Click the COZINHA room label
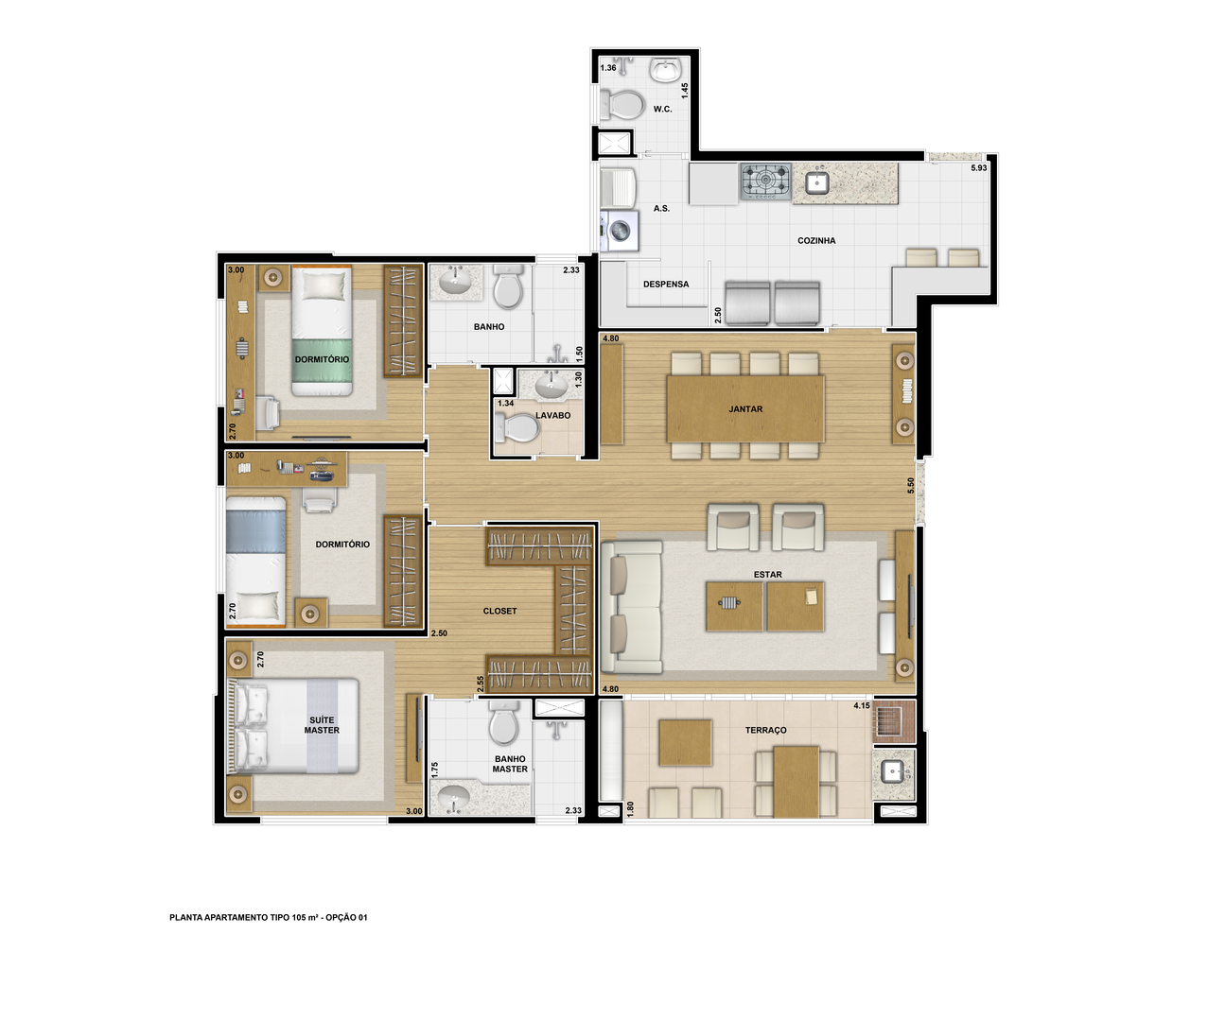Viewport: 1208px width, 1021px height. [x=815, y=241]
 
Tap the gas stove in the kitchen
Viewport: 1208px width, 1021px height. [x=765, y=182]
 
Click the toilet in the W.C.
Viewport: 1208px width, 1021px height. [x=620, y=106]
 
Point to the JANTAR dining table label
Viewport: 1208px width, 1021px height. [x=745, y=409]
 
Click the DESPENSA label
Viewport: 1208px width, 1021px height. [x=666, y=285]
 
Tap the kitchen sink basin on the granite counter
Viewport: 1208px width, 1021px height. [x=816, y=183]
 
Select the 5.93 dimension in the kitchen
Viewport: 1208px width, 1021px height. [x=978, y=168]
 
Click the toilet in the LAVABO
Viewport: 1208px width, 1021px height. [x=516, y=427]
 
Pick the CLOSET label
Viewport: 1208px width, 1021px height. [x=499, y=611]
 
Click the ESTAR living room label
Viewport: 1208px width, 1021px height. [x=767, y=575]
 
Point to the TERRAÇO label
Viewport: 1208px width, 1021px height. [x=765, y=730]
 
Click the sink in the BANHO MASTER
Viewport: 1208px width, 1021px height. [x=453, y=798]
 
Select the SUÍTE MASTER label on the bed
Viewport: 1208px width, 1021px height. [x=322, y=725]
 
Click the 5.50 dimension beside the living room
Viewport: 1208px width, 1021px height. [x=910, y=486]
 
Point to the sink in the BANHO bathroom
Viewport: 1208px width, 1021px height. [x=454, y=282]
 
